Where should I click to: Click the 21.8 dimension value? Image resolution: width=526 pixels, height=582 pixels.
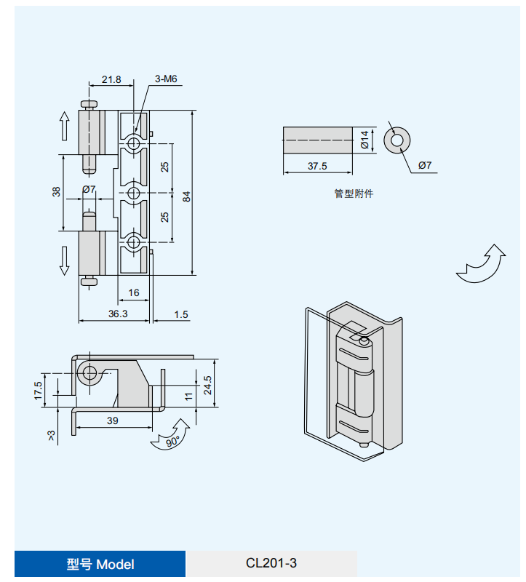click(111, 79)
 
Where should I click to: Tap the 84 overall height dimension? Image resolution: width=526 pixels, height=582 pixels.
click(186, 196)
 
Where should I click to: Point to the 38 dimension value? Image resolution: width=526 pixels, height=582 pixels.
click(56, 192)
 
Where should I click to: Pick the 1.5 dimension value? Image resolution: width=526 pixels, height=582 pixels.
click(181, 314)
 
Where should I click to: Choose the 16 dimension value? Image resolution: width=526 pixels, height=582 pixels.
click(134, 292)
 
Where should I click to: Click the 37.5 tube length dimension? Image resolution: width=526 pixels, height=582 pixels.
click(317, 166)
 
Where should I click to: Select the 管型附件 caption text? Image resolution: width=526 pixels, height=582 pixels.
click(354, 194)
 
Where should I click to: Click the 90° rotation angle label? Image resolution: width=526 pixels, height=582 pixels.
click(172, 442)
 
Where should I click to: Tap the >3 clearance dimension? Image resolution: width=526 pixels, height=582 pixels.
click(51, 435)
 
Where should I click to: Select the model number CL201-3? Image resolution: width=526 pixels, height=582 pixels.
click(271, 563)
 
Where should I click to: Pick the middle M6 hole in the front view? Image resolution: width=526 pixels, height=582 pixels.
click(134, 193)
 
